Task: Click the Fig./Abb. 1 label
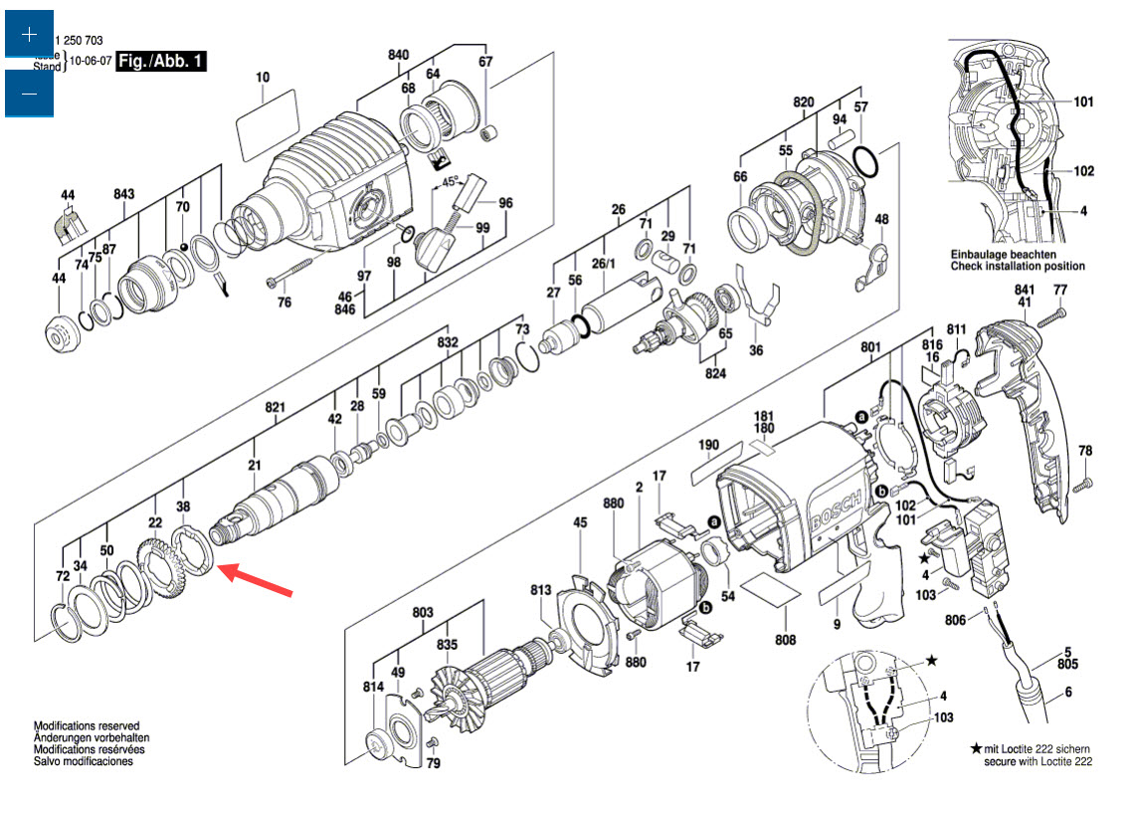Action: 161,62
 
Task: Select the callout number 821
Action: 276,407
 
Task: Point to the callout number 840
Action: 398,55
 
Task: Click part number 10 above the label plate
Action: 263,77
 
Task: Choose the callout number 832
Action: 448,342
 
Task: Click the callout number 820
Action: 804,102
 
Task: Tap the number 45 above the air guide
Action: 580,522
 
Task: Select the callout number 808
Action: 786,640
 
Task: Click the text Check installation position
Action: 1018,267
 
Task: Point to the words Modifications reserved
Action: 87,726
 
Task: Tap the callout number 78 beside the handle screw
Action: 1085,450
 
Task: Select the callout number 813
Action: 540,590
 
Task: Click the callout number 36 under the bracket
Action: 756,350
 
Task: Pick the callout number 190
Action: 708,444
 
